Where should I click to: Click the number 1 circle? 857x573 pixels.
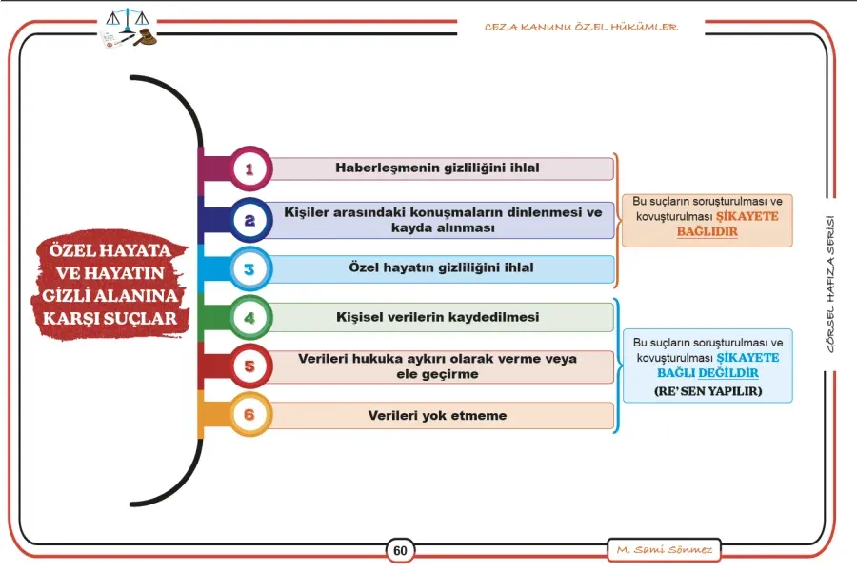249,168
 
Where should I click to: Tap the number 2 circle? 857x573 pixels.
249,220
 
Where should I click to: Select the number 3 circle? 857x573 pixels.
249,268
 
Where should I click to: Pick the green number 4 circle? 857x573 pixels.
249,317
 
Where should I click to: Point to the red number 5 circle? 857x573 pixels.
249,366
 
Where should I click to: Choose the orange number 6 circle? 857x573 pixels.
249,415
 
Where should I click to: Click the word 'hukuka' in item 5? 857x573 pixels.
373,359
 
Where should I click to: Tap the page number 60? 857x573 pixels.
400,550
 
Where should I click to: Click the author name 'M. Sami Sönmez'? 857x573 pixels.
664,549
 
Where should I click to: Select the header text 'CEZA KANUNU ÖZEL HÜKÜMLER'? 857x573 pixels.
581,27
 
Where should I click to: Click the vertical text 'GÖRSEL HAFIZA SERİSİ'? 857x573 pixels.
830,284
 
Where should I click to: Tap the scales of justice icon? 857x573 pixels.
128,20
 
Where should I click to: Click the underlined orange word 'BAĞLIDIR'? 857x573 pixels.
708,231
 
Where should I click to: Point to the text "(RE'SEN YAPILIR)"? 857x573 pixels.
708,391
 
